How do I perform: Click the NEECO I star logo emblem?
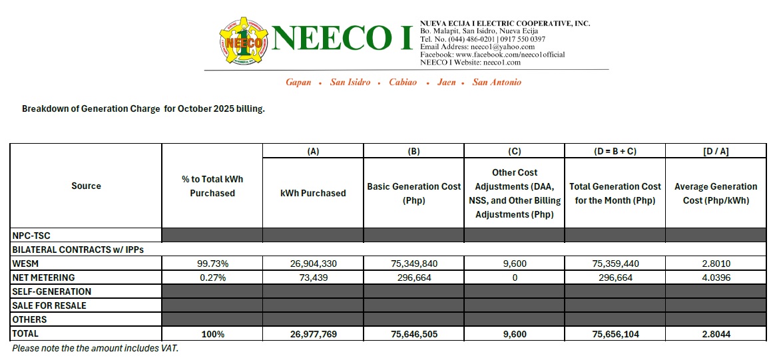[242, 41]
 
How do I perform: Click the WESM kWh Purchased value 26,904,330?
[313, 264]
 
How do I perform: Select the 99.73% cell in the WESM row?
[212, 264]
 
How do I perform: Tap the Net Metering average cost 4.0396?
[716, 277]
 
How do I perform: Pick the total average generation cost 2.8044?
[716, 334]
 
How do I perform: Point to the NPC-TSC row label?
[31, 235]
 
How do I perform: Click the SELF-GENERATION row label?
[51, 291]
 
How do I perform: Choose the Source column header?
[86, 186]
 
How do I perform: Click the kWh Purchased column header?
[313, 193]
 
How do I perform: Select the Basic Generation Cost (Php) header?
[413, 193]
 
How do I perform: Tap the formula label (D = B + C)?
[615, 151]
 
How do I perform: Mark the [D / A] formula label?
[716, 151]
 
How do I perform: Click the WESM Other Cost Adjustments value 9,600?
[514, 264]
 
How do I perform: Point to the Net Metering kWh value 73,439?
[313, 277]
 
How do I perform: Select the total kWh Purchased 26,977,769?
[313, 334]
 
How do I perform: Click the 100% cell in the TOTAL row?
[212, 334]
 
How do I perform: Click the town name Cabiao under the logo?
[403, 83]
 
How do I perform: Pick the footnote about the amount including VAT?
[95, 348]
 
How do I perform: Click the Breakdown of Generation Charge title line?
[143, 108]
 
